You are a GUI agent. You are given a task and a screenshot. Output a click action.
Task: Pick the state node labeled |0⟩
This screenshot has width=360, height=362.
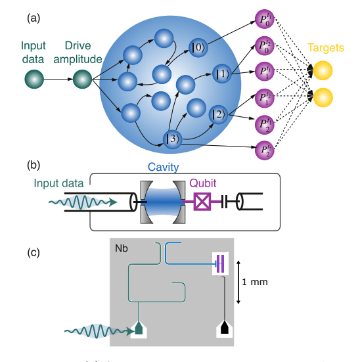[198, 47]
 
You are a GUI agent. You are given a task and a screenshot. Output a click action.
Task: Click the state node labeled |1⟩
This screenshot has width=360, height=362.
[221, 73]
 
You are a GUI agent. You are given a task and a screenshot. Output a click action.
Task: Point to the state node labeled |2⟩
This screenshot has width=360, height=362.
[218, 115]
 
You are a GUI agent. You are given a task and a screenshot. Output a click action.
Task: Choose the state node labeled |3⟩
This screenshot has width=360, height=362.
[173, 139]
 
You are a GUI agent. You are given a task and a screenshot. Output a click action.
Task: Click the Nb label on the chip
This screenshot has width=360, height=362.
[122, 249]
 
